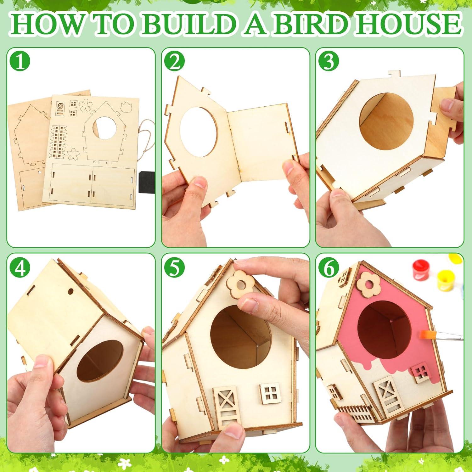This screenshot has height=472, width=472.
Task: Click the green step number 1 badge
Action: (x=20, y=62)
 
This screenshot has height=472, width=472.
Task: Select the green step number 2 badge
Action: (x=175, y=62)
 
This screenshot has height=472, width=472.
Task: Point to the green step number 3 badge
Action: (x=329, y=62)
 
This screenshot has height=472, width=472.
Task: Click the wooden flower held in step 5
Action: (x=241, y=285)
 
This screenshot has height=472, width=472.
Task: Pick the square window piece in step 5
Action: (x=270, y=394)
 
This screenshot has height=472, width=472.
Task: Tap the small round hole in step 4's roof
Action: (x=70, y=291)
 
